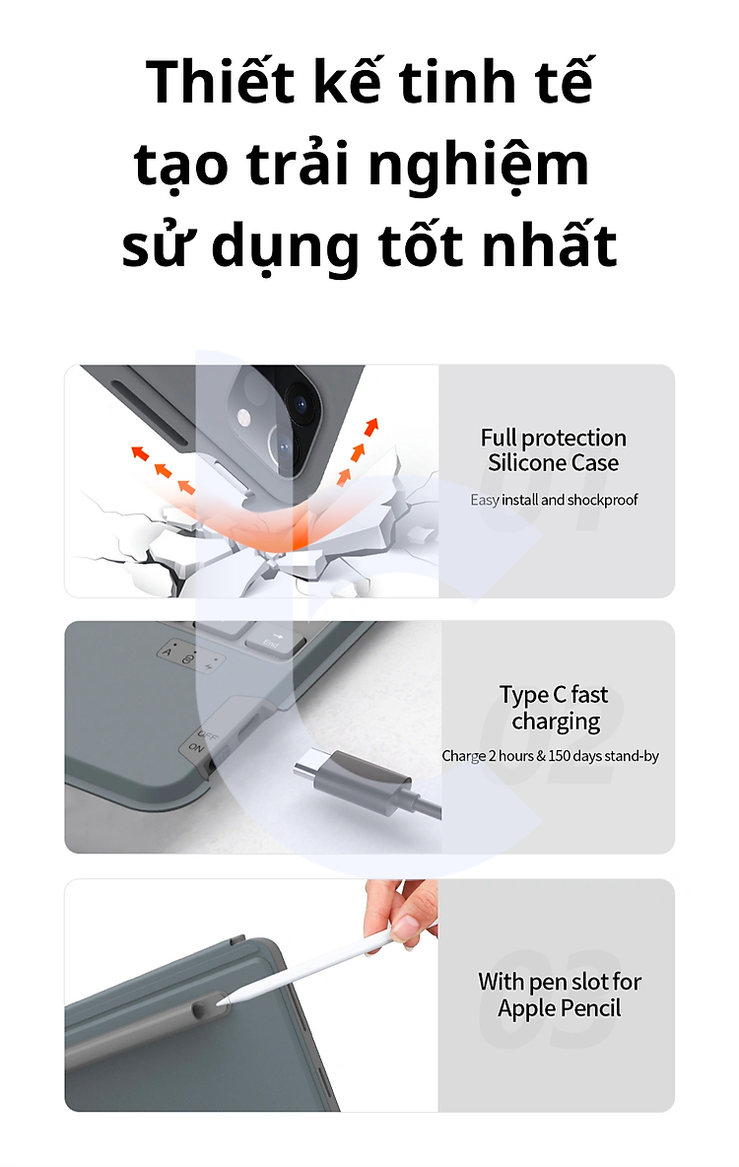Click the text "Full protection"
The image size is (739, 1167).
pyautogui.click(x=553, y=438)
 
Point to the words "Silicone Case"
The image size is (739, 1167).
pyautogui.click(x=553, y=463)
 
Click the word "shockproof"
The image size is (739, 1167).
pyautogui.click(x=602, y=500)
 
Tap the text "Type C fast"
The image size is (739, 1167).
pyautogui.click(x=554, y=695)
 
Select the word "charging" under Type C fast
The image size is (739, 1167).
pyautogui.click(x=556, y=721)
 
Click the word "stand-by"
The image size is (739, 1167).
pyautogui.click(x=632, y=756)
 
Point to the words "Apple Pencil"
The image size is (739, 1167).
pyautogui.click(x=559, y=1008)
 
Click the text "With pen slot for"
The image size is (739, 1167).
pyautogui.click(x=560, y=982)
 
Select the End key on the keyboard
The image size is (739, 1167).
pyautogui.click(x=274, y=639)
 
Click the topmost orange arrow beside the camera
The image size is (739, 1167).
pyautogui.click(x=370, y=427)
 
